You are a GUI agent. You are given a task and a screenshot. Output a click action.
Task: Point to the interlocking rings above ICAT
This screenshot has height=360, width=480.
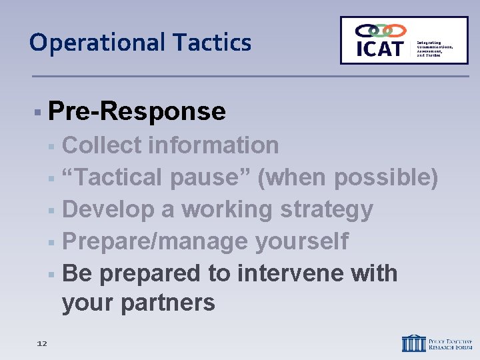tap(380, 30)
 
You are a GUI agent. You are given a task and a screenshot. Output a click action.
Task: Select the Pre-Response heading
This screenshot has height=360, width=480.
tap(137, 111)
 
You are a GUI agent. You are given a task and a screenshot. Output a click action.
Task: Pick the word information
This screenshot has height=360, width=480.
tap(215, 145)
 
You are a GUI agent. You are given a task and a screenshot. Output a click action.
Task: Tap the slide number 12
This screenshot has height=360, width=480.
tap(42, 343)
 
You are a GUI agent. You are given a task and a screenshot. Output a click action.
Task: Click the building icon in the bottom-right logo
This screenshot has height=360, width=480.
tap(413, 343)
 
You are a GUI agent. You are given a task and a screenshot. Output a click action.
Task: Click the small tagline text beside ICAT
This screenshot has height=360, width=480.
tap(434, 49)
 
